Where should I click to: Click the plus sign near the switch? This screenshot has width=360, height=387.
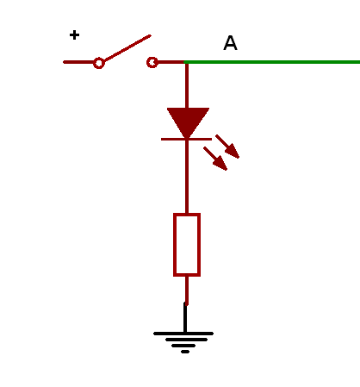(x=74, y=35)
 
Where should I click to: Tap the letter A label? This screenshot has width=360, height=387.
(x=230, y=43)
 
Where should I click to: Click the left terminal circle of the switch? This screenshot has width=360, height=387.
(x=99, y=63)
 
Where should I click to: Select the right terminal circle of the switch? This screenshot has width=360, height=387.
(x=152, y=62)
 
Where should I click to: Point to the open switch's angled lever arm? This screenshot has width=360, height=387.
(x=127, y=48)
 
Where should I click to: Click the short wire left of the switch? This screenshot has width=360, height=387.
(x=78, y=62)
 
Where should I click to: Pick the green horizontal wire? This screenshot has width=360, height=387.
(x=272, y=62)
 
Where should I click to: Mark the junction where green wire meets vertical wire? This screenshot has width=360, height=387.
(x=187, y=62)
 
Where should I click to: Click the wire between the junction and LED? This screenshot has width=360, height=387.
(x=187, y=86)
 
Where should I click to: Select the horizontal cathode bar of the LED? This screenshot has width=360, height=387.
(x=186, y=140)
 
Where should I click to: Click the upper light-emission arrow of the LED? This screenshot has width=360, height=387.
(x=227, y=147)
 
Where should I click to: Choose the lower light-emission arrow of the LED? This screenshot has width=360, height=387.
(x=215, y=159)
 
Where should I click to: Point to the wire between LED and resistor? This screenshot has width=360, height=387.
(x=187, y=177)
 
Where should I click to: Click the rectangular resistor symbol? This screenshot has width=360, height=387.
(x=187, y=245)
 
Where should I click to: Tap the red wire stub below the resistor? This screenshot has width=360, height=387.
(x=187, y=290)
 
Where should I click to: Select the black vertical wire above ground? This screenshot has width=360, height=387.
(x=185, y=318)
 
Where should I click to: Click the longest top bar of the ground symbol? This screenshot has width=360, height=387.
(x=183, y=334)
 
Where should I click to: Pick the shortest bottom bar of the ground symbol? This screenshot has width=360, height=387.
(x=185, y=352)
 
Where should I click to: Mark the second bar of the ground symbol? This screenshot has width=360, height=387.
(x=186, y=340)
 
